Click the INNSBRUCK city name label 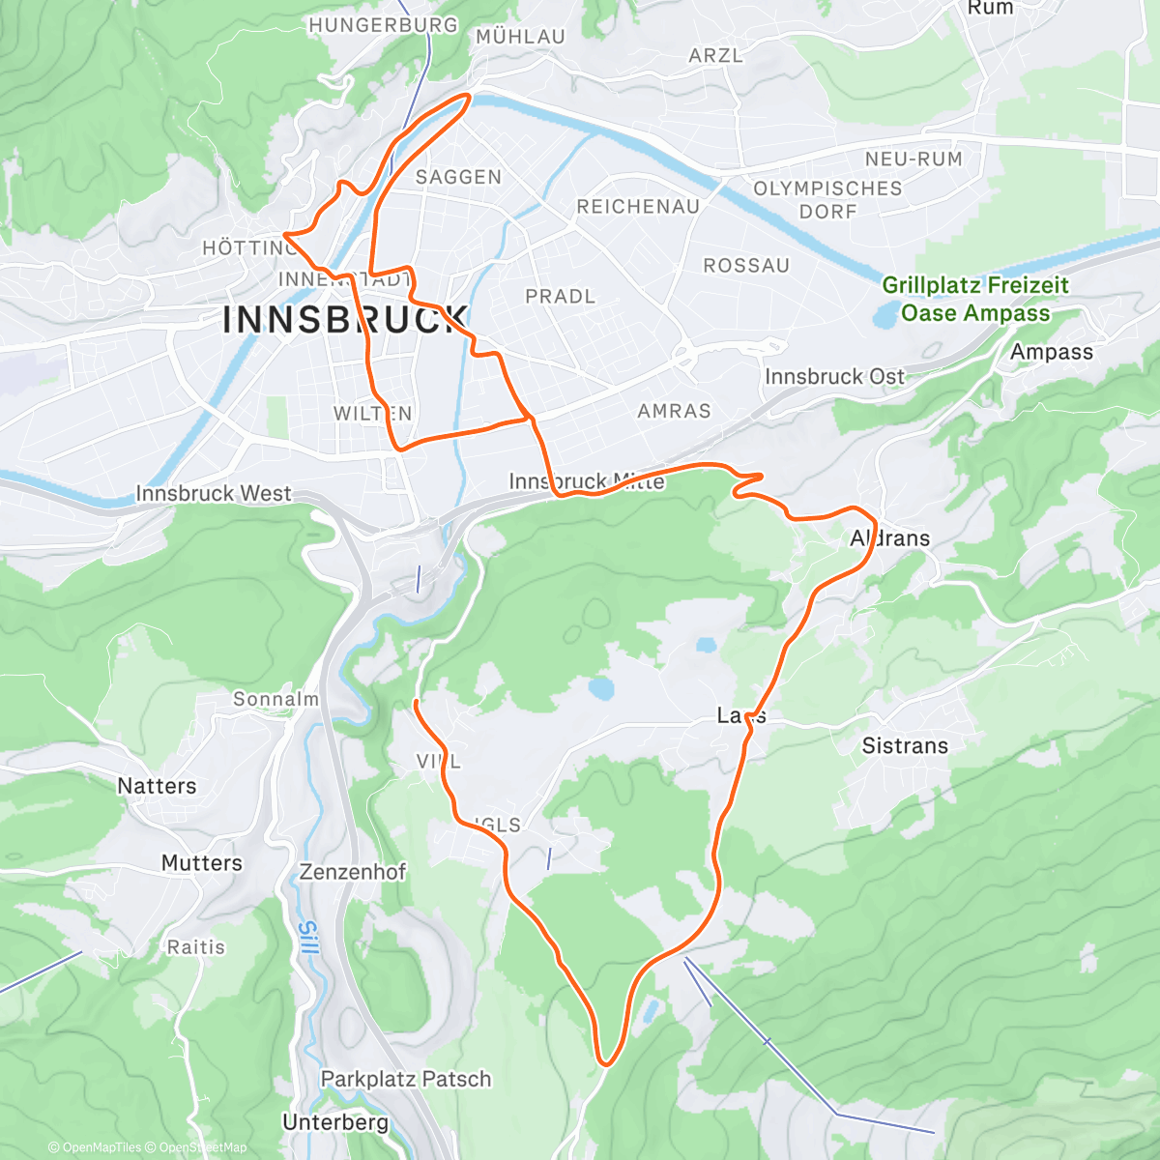coord(345,320)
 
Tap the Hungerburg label coord(383,25)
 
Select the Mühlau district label coord(520,37)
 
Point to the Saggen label coord(458,177)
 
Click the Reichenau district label coord(638,207)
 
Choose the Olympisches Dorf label coord(827,200)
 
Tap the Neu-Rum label coord(913,159)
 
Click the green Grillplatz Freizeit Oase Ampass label coord(975,299)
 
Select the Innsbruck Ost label coord(834,376)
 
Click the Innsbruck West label coord(213,494)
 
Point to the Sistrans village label coord(905,745)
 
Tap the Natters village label coord(157,786)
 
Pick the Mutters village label coord(201,862)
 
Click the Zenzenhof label coord(353,872)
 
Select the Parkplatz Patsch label coord(406,1079)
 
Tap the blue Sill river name coord(306,939)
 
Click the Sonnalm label coord(275,699)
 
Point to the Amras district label coord(674,412)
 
